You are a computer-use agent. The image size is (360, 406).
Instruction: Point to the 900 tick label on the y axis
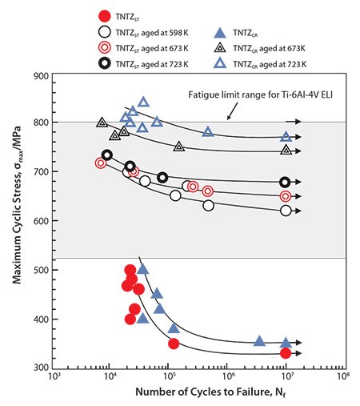pos(42,75)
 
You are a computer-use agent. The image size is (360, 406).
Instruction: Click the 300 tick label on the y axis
pos(42,368)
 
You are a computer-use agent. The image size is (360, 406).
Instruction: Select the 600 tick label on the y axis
pos(42,222)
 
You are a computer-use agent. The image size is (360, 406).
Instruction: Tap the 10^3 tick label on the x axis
pos(54,377)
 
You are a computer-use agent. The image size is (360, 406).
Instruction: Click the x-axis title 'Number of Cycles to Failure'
pos(196,393)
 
